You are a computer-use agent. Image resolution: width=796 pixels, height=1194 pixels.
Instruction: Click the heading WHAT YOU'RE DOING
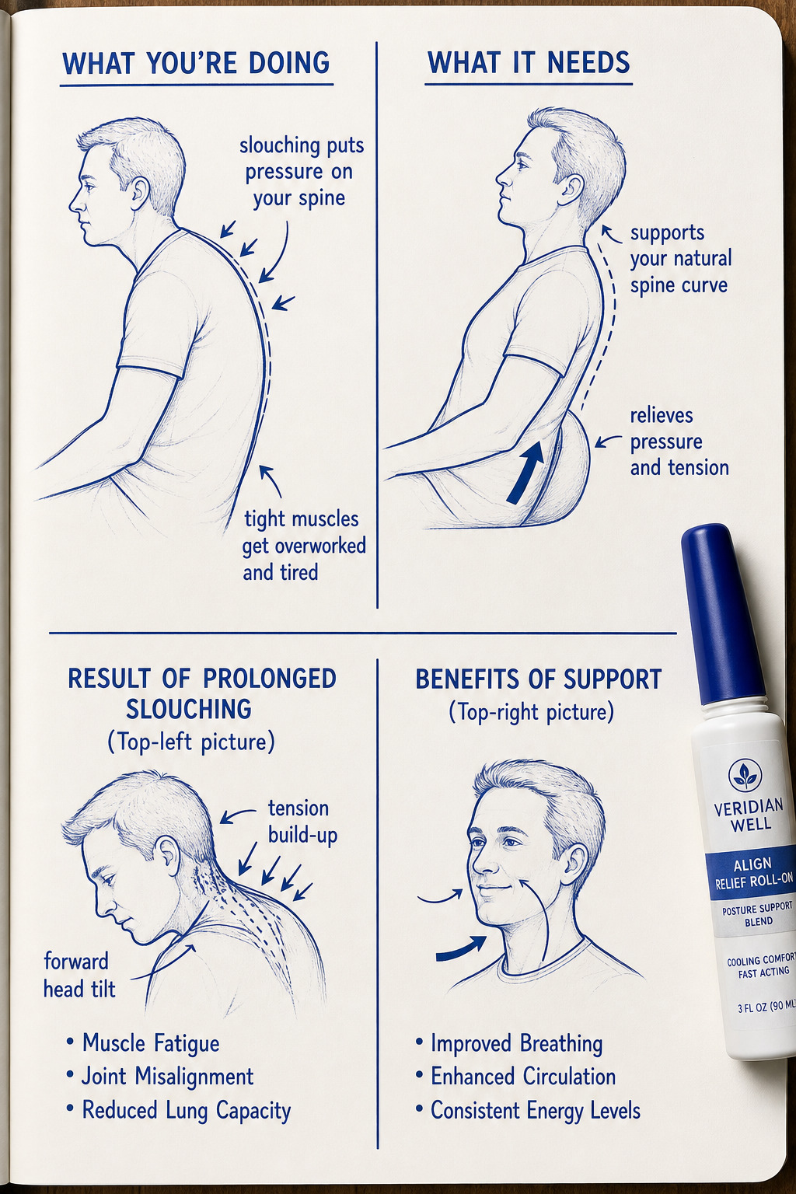pos(196,63)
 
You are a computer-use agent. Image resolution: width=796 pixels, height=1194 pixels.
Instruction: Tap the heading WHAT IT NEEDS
pos(529,62)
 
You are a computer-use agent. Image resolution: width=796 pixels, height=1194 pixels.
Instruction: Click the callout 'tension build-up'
pos(302,822)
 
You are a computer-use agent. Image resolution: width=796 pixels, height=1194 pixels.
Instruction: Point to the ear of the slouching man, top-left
pos(140,196)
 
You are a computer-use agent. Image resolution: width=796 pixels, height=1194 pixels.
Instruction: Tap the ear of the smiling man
pos(574,858)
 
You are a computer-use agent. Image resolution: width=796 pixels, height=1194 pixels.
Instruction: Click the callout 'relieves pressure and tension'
pos(679,442)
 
